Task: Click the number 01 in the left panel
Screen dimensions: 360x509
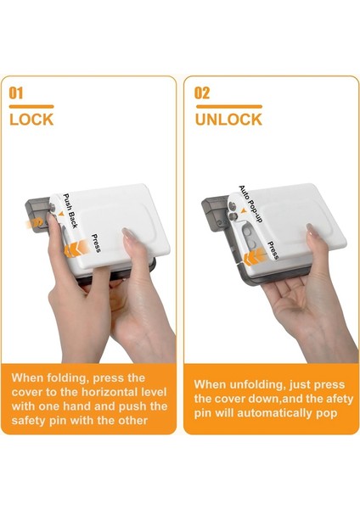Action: [16, 93]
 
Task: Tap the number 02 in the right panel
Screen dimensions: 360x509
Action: [202, 93]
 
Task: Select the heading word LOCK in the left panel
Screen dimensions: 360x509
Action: [31, 120]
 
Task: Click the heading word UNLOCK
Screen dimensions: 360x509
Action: [228, 120]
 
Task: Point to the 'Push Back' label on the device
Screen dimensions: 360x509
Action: [70, 211]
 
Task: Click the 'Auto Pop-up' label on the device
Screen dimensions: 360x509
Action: [250, 204]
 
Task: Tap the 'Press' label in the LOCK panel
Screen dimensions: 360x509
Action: [96, 243]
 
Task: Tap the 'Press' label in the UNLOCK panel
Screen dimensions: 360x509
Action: [273, 250]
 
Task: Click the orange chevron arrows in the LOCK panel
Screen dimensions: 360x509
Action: [76, 249]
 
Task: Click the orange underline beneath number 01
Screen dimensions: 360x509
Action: [31, 106]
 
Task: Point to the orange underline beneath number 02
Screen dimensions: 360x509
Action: [228, 106]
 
